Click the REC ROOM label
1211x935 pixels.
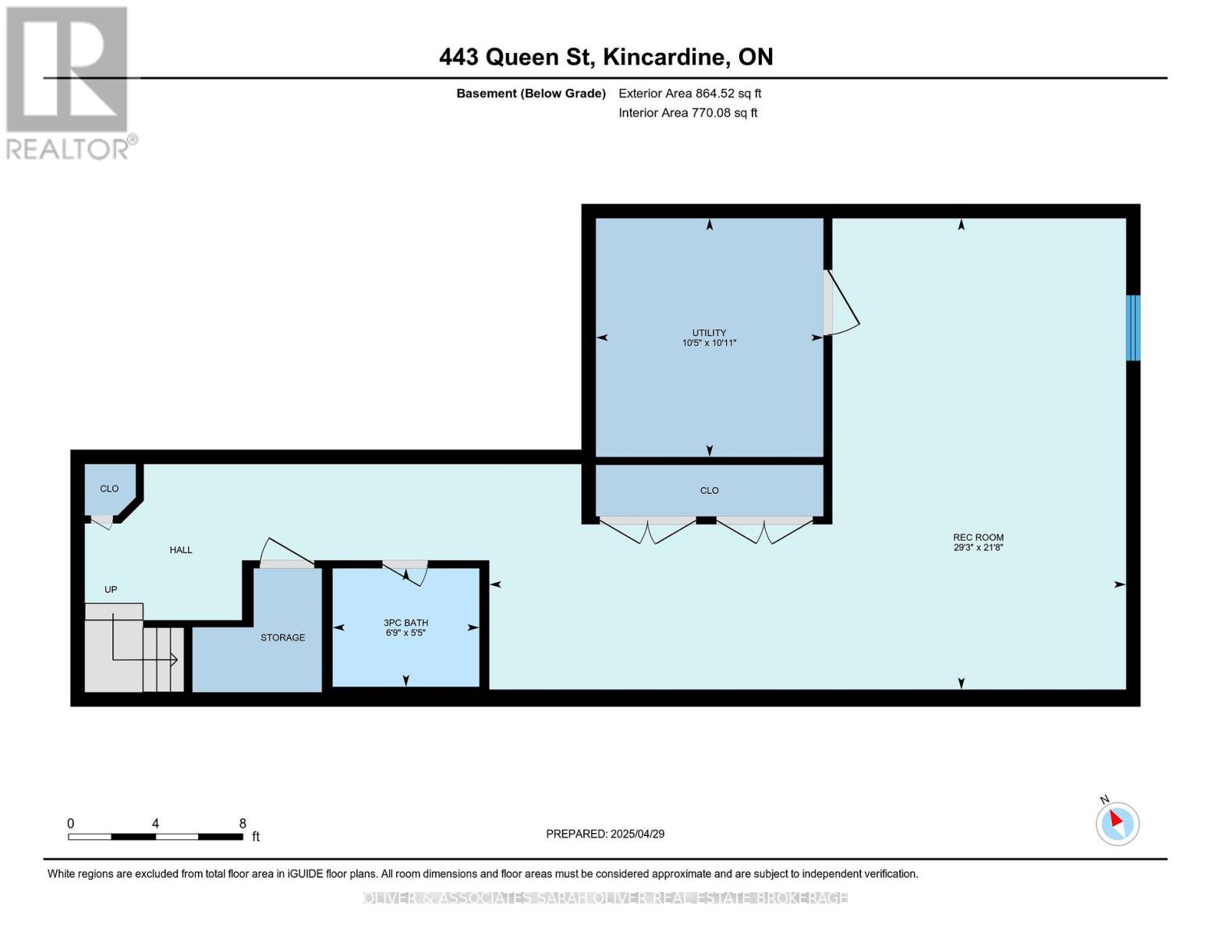(x=978, y=542)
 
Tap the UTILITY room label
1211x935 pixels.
(x=709, y=337)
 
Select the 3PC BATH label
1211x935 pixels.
(x=405, y=627)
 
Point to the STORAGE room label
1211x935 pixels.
(x=282, y=637)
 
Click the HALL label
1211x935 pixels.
(x=181, y=550)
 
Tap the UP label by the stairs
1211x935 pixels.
(x=111, y=590)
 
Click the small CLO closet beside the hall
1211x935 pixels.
(x=109, y=489)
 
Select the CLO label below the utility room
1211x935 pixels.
(x=709, y=491)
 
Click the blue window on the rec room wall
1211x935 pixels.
(x=1133, y=327)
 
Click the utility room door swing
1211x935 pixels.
(x=841, y=304)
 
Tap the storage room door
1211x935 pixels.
(x=285, y=555)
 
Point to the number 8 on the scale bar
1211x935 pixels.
(x=243, y=824)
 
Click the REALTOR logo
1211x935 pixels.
(x=69, y=82)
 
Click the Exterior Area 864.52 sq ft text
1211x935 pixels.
(x=689, y=93)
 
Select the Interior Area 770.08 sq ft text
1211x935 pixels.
(x=688, y=113)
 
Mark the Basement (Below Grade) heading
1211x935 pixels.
(x=530, y=93)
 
